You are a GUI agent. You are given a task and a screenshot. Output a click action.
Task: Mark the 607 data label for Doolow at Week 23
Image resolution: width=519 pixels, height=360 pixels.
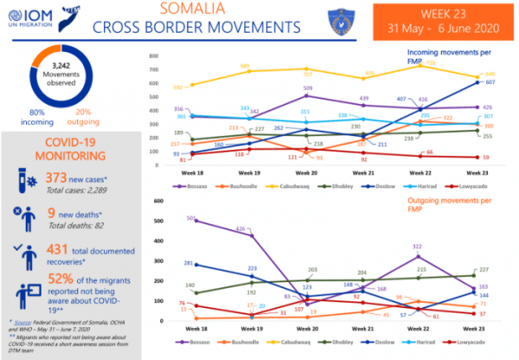(x=490, y=82)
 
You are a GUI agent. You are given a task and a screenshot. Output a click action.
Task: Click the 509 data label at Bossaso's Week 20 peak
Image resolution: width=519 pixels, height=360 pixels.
(x=307, y=88)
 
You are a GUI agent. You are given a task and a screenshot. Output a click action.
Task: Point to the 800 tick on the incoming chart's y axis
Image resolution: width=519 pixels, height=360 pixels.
(x=152, y=56)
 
